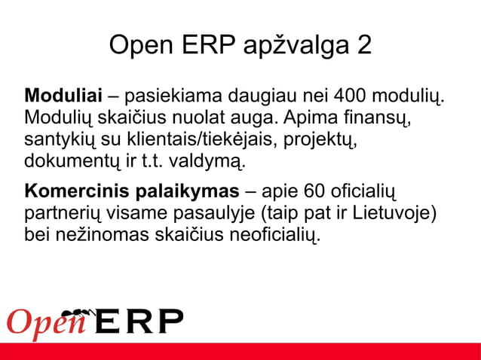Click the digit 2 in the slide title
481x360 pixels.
click(363, 46)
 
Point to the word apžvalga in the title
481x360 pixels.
click(296, 47)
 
